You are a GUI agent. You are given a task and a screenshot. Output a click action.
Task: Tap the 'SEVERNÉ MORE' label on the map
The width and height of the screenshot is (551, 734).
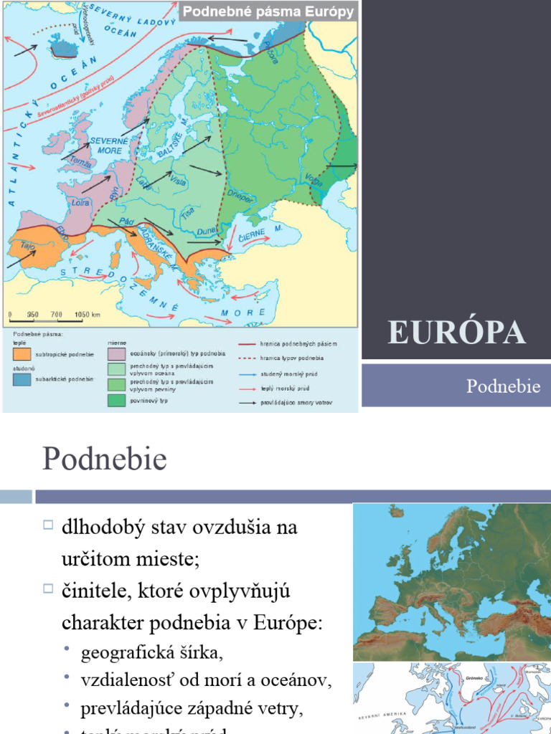pyautogui.click(x=108, y=147)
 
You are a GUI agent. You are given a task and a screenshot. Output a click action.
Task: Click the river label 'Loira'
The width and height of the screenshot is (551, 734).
pyautogui.click(x=81, y=203)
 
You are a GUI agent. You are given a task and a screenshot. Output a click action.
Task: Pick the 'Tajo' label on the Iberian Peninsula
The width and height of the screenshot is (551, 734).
pyautogui.click(x=29, y=245)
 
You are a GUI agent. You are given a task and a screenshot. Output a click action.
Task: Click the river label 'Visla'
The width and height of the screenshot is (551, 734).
pyautogui.click(x=178, y=181)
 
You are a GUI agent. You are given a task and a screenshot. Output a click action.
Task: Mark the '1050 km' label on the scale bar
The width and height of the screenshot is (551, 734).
pyautogui.click(x=86, y=314)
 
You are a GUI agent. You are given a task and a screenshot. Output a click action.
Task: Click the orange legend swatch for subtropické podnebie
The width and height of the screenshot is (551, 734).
pyautogui.click(x=22, y=353)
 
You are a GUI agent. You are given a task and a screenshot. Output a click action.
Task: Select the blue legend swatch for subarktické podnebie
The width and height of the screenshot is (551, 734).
pyautogui.click(x=22, y=379)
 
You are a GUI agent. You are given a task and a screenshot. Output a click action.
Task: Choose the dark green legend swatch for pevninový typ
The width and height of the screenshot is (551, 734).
pyautogui.click(x=117, y=400)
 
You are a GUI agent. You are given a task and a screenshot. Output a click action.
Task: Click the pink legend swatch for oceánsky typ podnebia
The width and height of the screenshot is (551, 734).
pyautogui.click(x=117, y=353)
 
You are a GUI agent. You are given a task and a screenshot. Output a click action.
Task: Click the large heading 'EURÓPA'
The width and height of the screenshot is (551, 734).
pyautogui.click(x=456, y=333)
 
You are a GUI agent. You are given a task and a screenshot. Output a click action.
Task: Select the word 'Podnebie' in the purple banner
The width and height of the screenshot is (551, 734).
pyautogui.click(x=503, y=386)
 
